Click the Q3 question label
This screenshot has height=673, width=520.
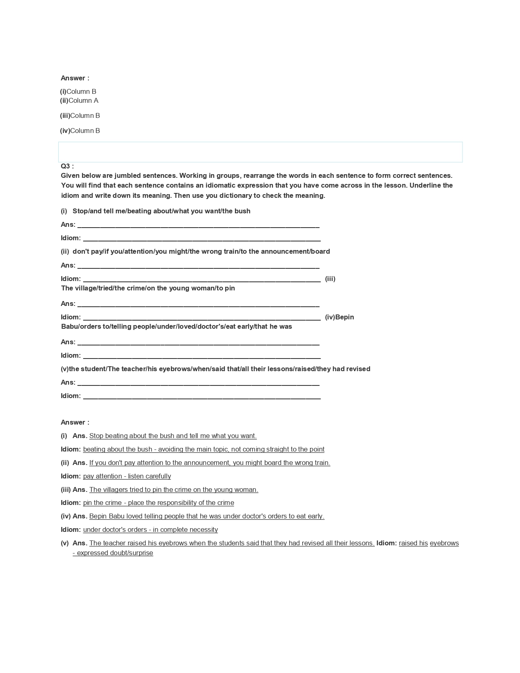pyautogui.click(x=67, y=166)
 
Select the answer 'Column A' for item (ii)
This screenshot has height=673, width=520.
pyautogui.click(x=83, y=100)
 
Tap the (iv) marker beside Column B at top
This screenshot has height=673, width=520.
pyautogui.click(x=65, y=131)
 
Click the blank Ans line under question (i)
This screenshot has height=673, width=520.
pyautogui.click(x=198, y=225)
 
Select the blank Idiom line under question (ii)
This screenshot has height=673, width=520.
pyautogui.click(x=201, y=279)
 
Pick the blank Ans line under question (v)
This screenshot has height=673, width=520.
pyautogui.click(x=198, y=383)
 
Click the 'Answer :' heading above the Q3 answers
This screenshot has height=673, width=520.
pyautogui.click(x=75, y=422)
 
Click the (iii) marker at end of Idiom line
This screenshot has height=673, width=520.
pyautogui.click(x=330, y=279)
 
